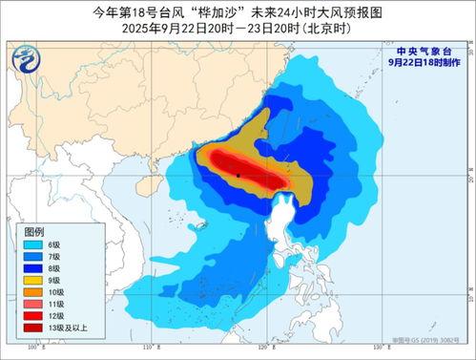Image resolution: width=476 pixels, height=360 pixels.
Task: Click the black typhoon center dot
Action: click(x=238, y=175)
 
